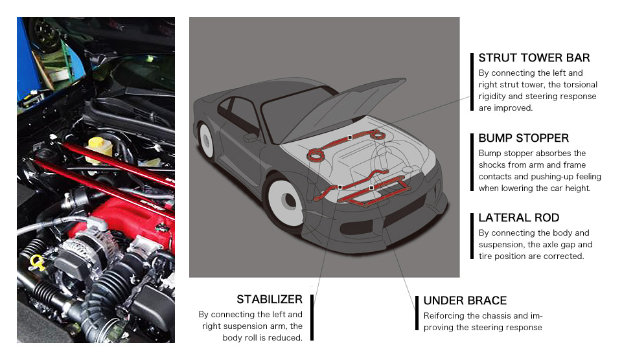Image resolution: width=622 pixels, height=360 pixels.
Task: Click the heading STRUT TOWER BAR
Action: point(534,58)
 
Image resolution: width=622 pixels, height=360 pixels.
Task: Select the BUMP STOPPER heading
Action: point(524,138)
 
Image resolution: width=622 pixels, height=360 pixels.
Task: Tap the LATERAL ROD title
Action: point(519,218)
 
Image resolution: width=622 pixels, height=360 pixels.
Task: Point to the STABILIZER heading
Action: point(270,299)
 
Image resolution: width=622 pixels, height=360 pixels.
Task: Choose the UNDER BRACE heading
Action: point(465,300)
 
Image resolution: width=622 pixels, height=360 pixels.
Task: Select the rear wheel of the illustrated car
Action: point(206,140)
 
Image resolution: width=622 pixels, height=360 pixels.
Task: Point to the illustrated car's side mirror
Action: point(251,137)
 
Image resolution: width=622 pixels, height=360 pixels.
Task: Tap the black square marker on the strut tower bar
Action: point(350,137)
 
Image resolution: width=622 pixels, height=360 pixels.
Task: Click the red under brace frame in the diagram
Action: point(373,192)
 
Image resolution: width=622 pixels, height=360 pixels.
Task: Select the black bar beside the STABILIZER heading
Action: point(312,317)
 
